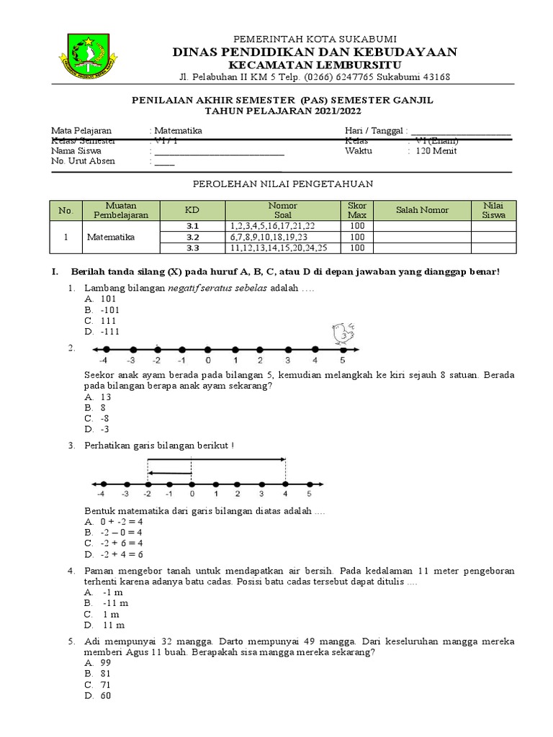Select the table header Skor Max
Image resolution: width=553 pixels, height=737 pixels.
(357, 210)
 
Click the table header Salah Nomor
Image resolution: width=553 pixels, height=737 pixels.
(422, 210)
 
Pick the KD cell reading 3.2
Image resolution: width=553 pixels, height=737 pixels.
(192, 237)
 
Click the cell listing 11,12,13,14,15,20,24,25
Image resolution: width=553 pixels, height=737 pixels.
(279, 248)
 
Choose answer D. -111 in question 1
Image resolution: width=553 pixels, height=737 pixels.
(102, 332)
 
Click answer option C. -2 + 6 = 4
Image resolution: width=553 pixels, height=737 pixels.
(113, 543)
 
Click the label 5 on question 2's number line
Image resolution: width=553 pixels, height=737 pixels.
(342, 360)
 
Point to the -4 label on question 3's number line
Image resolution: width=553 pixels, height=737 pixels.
(104, 494)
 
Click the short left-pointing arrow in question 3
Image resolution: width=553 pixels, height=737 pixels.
(170, 474)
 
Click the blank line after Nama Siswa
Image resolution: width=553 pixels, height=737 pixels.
(218, 152)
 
